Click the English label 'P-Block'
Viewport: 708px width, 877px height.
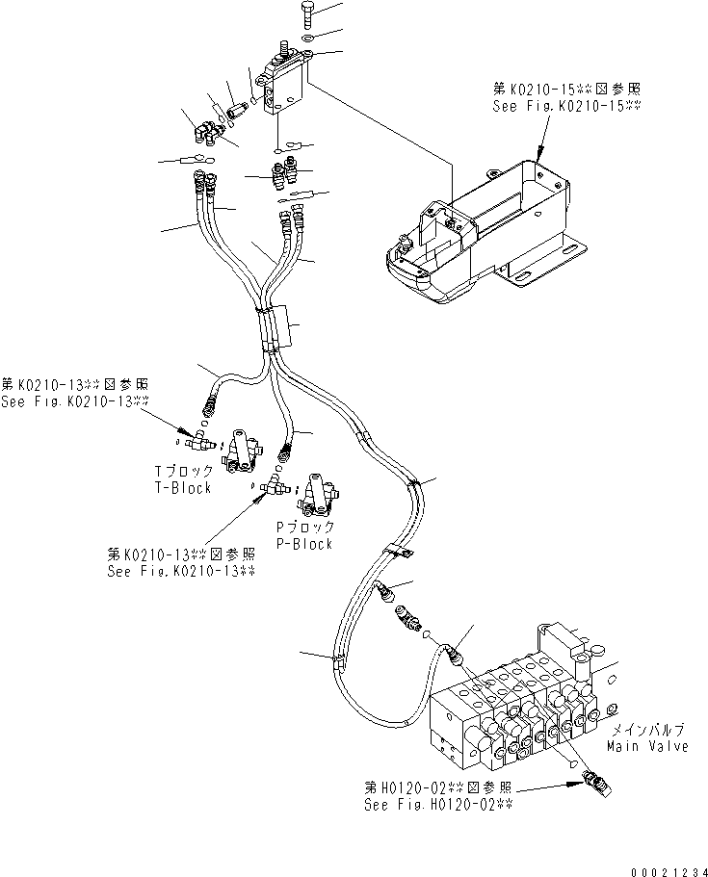(304, 544)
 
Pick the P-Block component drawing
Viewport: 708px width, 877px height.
(317, 495)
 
